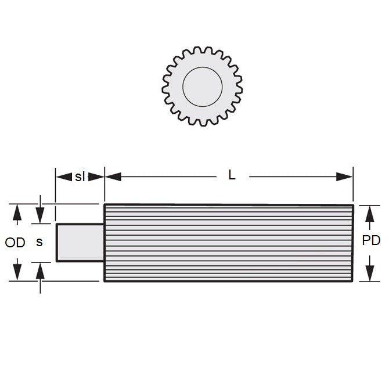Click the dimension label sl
(80, 177)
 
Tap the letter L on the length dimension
(232, 175)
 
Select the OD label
(15, 243)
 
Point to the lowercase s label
(39, 242)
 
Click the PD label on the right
(370, 240)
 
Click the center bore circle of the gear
(202, 87)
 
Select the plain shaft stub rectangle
(80, 242)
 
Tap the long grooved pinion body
(229, 243)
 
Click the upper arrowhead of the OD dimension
(17, 212)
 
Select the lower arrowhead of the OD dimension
(17, 273)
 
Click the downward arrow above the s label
(39, 217)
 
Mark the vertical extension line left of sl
(55, 186)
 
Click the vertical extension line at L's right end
(353, 186)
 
